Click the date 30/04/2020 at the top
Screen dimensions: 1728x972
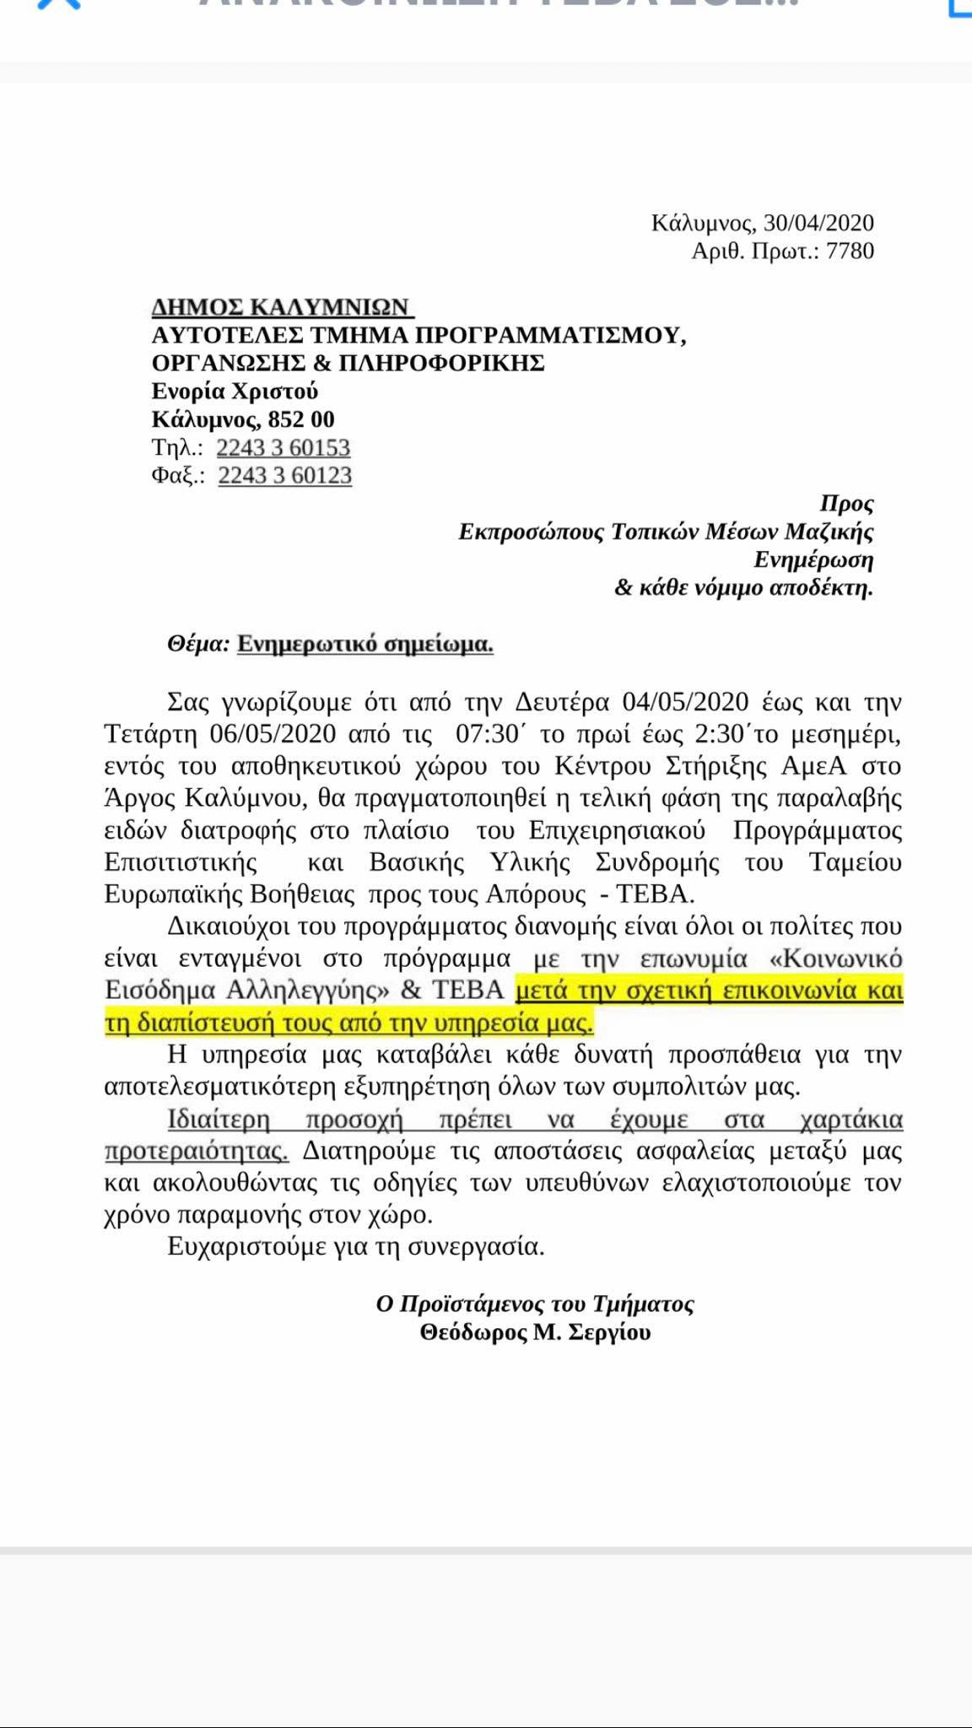818,223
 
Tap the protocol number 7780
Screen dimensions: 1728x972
850,251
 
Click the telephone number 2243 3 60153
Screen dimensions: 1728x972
283,447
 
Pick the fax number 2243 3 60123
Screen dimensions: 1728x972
284,475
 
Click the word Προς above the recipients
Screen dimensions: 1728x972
846,504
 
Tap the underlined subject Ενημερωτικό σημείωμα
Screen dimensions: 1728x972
364,644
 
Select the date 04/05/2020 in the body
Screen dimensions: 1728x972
685,702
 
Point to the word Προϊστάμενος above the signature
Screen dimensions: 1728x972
472,1304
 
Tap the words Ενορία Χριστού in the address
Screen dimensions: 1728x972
235,391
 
